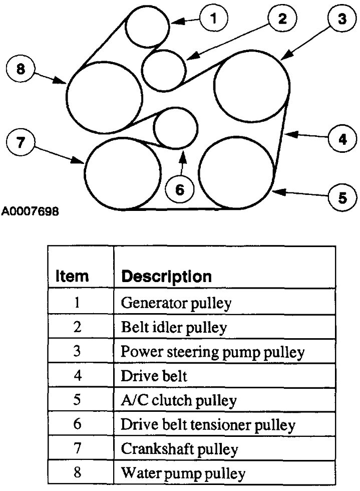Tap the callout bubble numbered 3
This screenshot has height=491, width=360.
(x=341, y=20)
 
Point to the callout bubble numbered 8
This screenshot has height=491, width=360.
(x=21, y=70)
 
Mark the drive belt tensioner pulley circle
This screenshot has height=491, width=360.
(x=176, y=128)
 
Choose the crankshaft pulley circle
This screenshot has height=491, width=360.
(x=123, y=173)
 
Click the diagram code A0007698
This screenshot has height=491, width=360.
(x=30, y=211)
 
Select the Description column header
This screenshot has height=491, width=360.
(x=167, y=276)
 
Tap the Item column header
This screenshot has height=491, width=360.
(x=72, y=276)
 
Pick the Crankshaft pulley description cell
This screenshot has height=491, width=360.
(x=179, y=448)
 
